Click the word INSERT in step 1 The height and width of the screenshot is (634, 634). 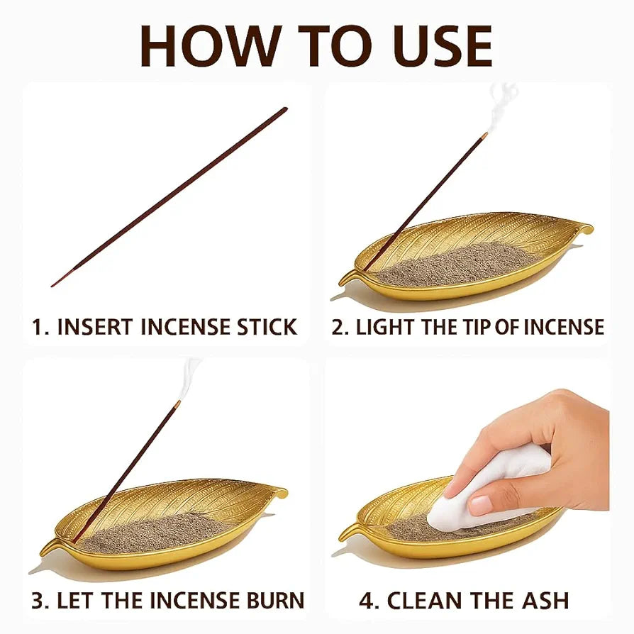[x=95, y=327]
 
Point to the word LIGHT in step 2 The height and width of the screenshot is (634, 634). [x=385, y=327]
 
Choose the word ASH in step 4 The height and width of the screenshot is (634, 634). [x=545, y=601]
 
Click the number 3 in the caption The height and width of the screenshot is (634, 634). [x=37, y=601]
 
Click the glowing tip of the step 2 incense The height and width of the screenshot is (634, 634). [x=484, y=135]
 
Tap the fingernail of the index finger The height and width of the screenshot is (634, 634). [x=481, y=505]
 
